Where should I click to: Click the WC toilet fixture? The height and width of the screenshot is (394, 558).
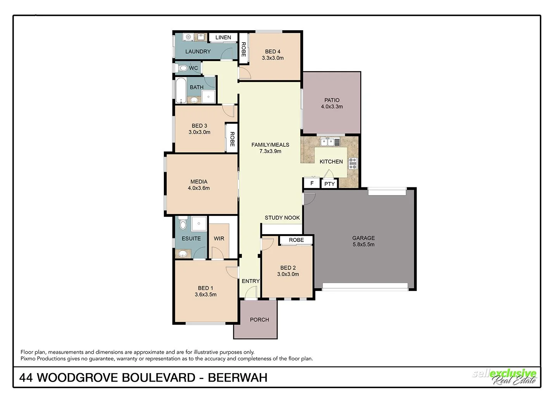click(182, 69)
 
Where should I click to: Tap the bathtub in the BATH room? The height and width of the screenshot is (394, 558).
click(181, 91)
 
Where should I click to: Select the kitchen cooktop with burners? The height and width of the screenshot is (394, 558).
click(353, 163)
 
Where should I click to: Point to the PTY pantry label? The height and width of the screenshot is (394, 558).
click(329, 184)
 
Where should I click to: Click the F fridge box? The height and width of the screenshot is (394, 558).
click(312, 183)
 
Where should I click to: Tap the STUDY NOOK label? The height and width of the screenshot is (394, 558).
click(282, 218)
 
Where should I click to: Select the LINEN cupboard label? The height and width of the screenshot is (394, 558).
click(223, 38)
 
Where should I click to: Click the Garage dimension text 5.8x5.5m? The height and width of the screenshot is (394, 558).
click(363, 245)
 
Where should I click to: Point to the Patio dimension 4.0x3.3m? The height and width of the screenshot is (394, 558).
click(332, 106)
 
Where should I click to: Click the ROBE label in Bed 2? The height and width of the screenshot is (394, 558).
click(296, 240)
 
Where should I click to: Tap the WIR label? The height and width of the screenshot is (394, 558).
click(219, 238)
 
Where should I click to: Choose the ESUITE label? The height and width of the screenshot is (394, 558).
click(191, 238)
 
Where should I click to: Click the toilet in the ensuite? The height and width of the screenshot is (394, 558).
click(183, 224)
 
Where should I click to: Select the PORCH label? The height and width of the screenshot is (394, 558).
click(259, 320)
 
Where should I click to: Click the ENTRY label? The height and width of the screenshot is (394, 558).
click(250, 281)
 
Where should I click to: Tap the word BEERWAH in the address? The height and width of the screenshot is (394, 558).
click(238, 377)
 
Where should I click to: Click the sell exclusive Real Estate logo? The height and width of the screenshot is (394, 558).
click(505, 377)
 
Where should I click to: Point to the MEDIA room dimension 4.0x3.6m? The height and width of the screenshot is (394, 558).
click(199, 188)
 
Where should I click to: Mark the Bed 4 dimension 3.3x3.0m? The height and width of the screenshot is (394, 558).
click(273, 58)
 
